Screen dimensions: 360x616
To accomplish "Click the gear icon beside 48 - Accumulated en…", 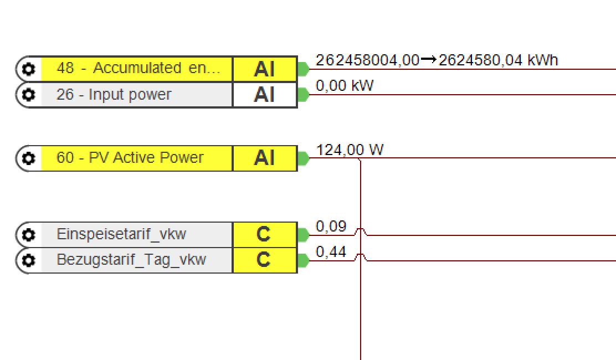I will coord(28,69).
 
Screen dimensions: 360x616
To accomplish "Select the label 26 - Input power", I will coord(114,95).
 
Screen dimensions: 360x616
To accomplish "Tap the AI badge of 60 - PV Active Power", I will coord(264,158).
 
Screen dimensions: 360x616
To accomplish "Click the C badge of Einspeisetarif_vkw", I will coord(264,235).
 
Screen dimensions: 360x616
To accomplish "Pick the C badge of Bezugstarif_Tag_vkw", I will coord(264,260).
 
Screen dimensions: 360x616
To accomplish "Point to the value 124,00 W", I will coord(350,150).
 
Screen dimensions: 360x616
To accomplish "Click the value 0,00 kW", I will coord(345,86).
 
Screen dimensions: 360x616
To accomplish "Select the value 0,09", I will coord(331,226).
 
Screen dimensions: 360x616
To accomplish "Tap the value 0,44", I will coord(331,252).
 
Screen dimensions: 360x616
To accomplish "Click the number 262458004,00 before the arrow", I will coord(367,60).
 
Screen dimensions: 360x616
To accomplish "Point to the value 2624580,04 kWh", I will coord(498,60).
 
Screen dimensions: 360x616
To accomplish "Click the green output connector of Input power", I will coord(302,95).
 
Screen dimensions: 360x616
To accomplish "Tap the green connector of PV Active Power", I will coord(302,158).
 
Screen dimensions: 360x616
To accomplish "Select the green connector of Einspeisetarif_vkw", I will coord(302,235).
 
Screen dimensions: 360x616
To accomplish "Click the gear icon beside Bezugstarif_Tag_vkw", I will coord(28,260).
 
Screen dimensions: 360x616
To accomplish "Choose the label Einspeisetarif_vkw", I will coord(121,234).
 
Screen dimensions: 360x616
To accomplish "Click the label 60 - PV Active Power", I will coord(130,158).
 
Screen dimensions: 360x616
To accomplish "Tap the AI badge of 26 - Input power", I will coord(264,95).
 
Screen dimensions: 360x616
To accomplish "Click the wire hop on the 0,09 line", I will coord(361,231).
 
